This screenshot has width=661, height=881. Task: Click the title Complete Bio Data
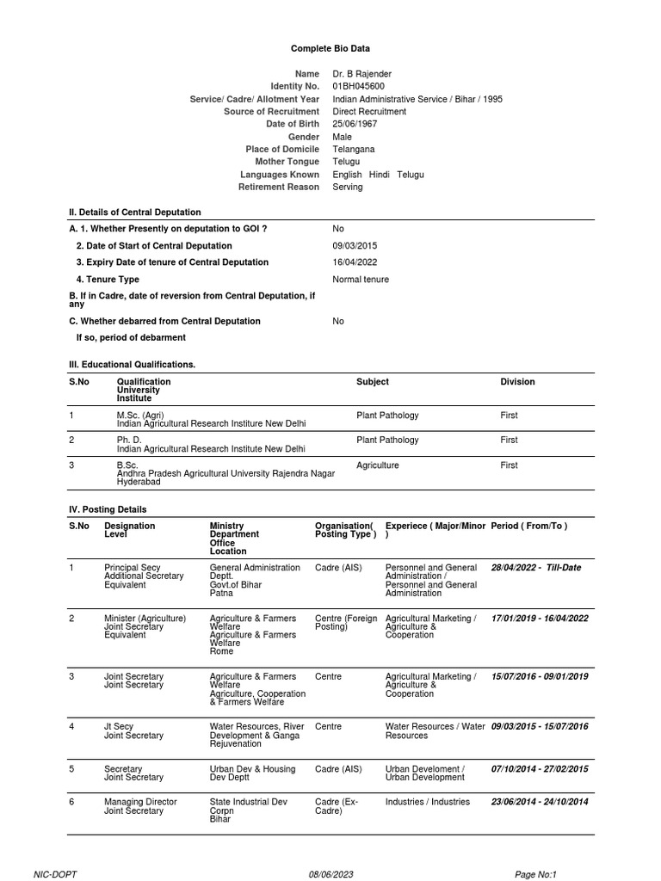[x=330, y=49]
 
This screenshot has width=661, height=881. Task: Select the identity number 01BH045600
[x=359, y=87]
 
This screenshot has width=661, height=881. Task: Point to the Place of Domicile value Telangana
[x=354, y=150]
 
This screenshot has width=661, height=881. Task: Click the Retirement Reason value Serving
[x=348, y=188]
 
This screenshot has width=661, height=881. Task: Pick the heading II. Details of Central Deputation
[x=135, y=213]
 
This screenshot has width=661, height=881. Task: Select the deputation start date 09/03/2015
[x=355, y=245]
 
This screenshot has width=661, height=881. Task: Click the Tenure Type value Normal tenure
[x=361, y=280]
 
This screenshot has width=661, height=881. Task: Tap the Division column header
[x=517, y=382]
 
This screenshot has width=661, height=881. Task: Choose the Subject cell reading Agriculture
[x=378, y=465]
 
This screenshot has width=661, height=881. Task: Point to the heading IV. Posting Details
[x=108, y=509]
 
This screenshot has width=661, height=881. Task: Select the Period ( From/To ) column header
[x=529, y=526]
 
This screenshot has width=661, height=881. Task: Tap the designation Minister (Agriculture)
[x=145, y=619]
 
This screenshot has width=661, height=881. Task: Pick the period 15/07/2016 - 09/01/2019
[x=540, y=677]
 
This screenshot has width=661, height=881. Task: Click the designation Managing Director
[x=140, y=802]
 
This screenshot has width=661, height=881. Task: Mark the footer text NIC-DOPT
[x=55, y=874]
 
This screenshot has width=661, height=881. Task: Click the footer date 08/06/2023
[x=331, y=874]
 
